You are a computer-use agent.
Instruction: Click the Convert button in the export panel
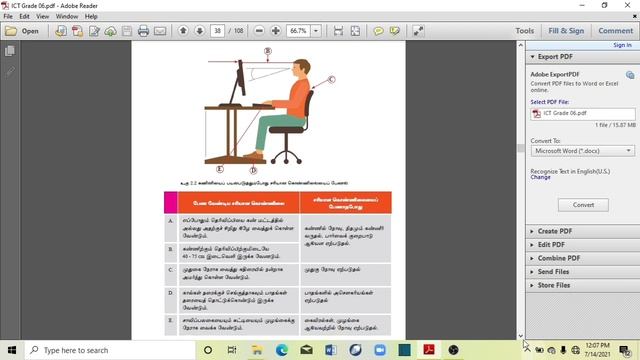pyautogui.click(x=583, y=204)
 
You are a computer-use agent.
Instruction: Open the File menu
pyautogui.click(x=10, y=17)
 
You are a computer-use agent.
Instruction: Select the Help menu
pyautogui.click(x=92, y=17)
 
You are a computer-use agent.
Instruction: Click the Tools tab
pyautogui.click(x=524, y=31)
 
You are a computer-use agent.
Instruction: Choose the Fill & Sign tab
pyautogui.click(x=566, y=31)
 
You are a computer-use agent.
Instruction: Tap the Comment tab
pyautogui.click(x=614, y=31)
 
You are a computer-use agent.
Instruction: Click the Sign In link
pyautogui.click(x=621, y=45)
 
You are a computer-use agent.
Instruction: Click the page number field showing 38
pyautogui.click(x=217, y=31)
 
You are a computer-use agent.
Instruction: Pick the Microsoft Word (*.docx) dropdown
pyautogui.click(x=583, y=151)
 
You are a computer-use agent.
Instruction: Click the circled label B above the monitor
pyautogui.click(x=267, y=51)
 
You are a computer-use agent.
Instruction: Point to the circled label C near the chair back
pyautogui.click(x=331, y=79)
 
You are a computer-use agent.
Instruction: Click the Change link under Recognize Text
pyautogui.click(x=540, y=177)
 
